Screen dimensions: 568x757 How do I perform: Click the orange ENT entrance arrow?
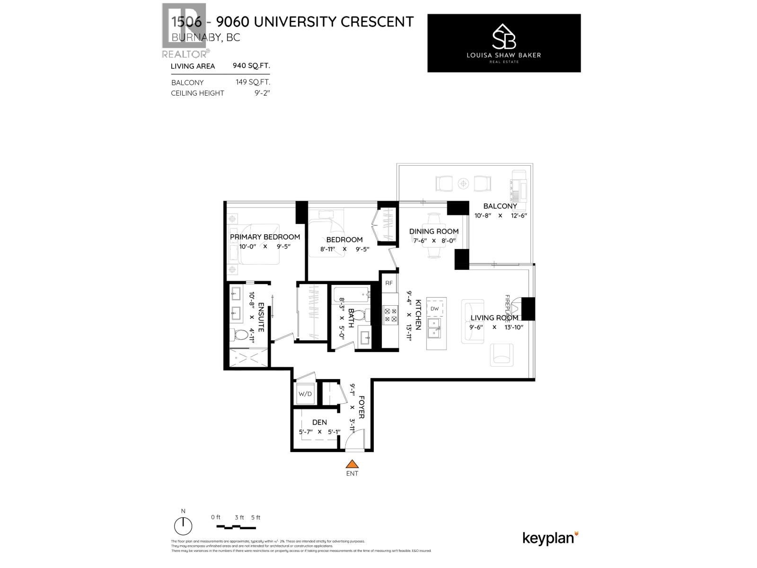click(x=352, y=464)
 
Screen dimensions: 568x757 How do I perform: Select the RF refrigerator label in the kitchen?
click(x=389, y=283)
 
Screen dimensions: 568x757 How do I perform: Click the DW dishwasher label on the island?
click(x=434, y=309)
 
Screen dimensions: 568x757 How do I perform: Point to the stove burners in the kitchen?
click(x=391, y=315)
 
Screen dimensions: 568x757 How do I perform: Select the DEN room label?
click(x=319, y=422)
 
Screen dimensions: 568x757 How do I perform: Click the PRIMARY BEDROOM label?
click(x=265, y=237)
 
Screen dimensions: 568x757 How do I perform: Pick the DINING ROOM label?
click(x=434, y=231)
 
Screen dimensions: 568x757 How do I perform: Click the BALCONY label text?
click(x=500, y=206)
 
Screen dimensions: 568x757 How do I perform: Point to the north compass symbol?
click(x=183, y=525)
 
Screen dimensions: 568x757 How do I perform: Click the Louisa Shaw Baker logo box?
click(x=504, y=43)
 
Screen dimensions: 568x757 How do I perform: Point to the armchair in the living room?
click(x=502, y=355)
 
